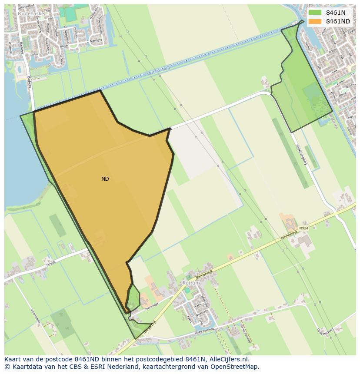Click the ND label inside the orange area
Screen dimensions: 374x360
coord(105,179)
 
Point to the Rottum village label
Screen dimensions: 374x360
coord(191,283)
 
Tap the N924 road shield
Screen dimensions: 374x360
coord(303,228)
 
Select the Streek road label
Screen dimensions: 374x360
coord(51,262)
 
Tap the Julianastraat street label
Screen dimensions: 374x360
coord(36,7)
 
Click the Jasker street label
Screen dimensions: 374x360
coord(34,54)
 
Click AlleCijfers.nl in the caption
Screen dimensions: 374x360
coord(229,359)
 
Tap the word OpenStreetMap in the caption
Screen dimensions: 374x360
coord(235,367)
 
